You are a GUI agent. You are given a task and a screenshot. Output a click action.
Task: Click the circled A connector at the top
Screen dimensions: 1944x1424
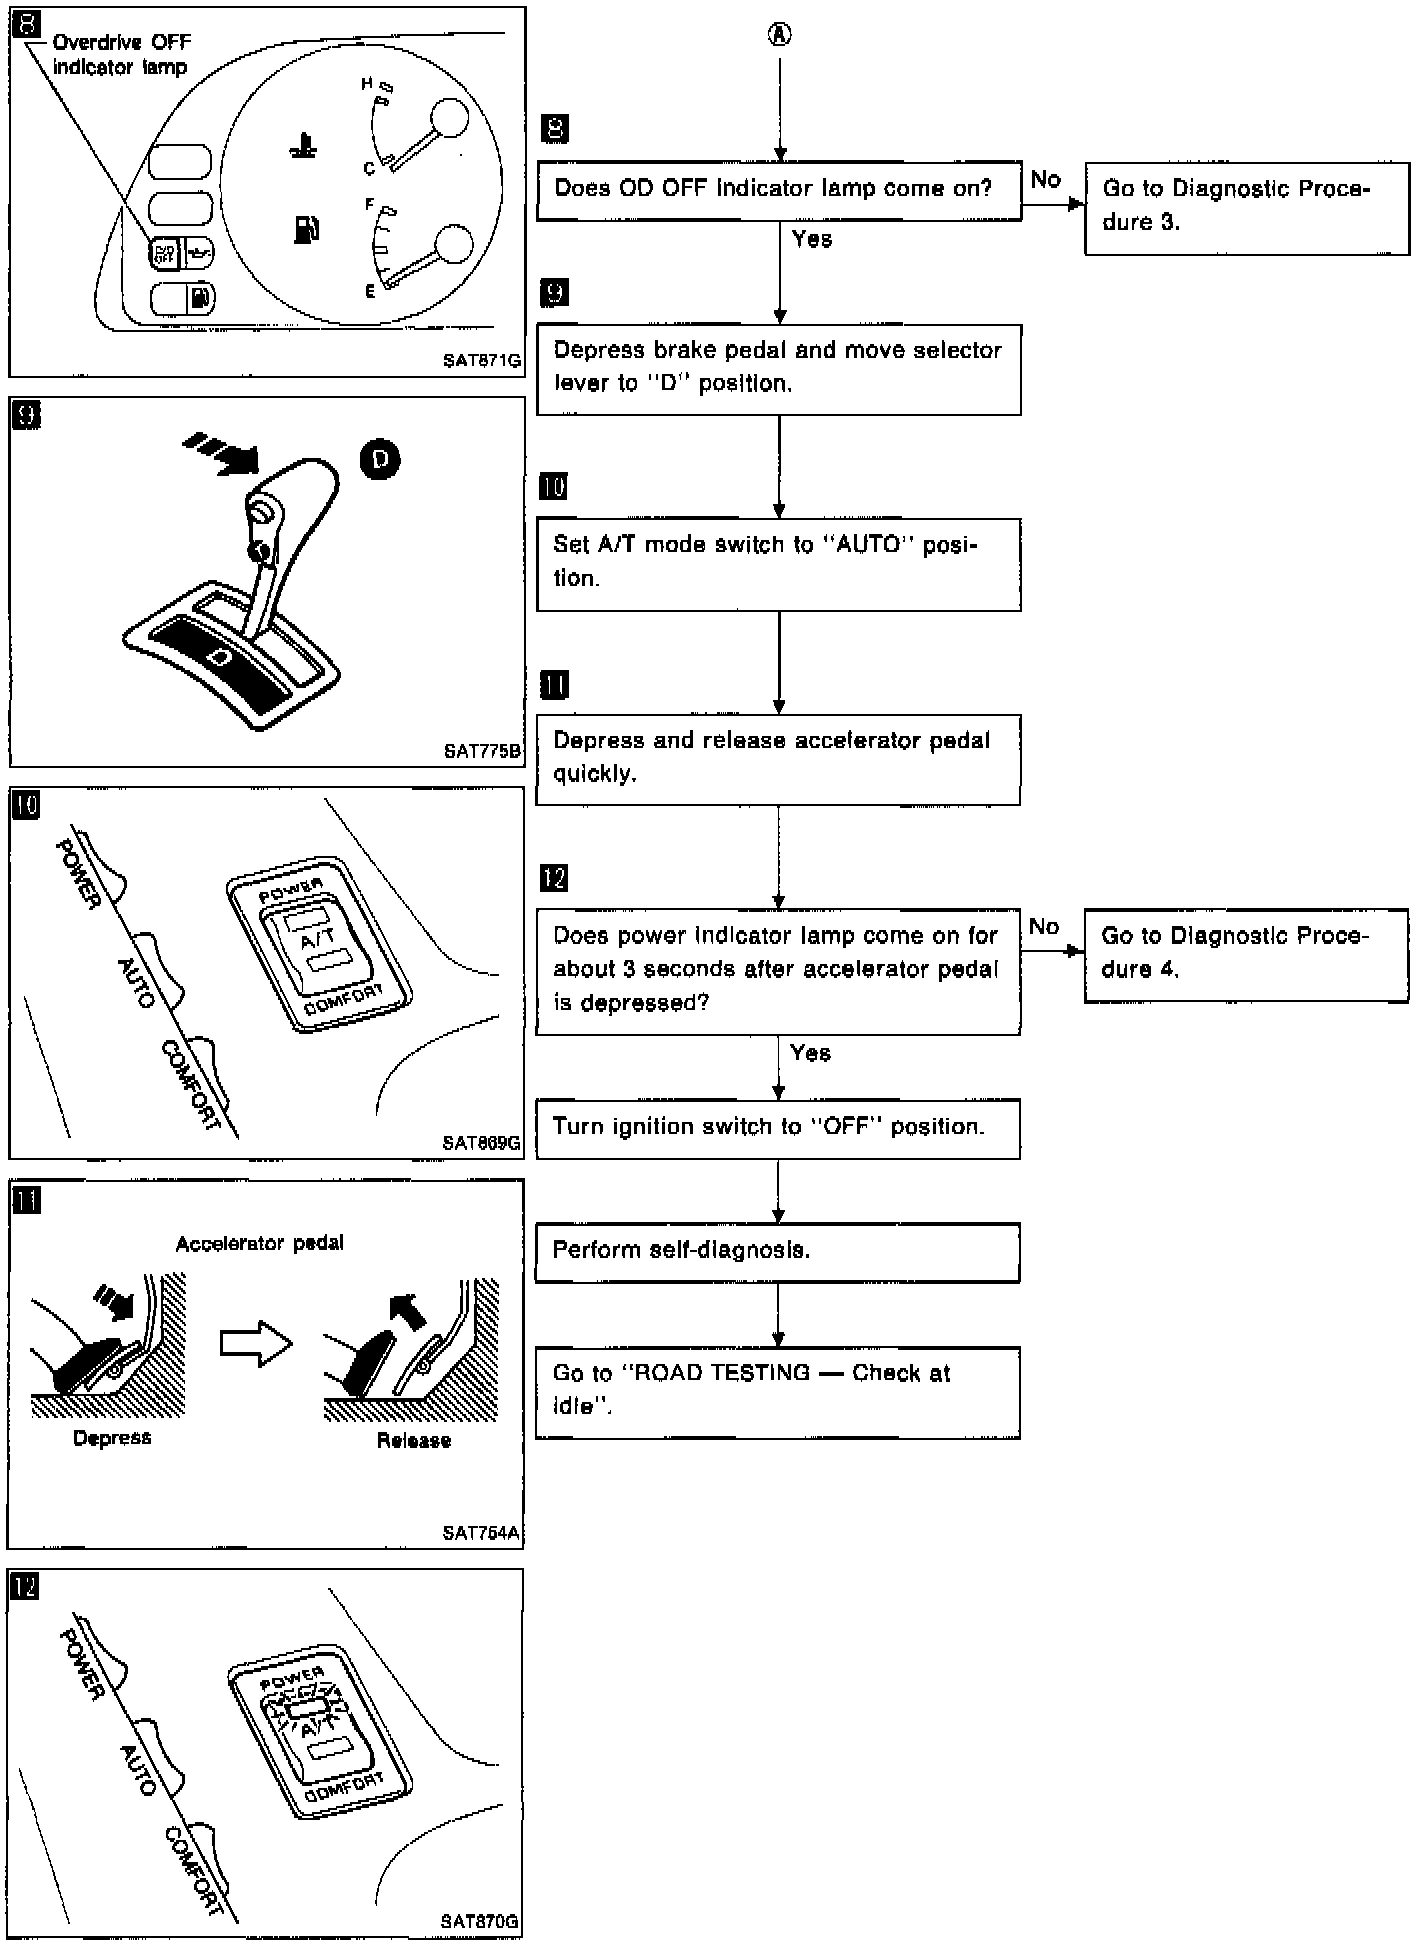point(779,35)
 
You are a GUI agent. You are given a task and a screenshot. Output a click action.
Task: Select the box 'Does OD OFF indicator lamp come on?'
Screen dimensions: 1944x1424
point(778,190)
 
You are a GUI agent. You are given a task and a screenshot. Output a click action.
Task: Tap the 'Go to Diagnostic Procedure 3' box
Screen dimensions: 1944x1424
point(1246,208)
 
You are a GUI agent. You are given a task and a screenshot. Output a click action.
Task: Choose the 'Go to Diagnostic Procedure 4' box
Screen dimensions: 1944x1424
point(1245,954)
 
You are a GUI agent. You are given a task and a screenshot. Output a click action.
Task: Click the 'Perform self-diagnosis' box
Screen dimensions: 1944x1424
point(777,1251)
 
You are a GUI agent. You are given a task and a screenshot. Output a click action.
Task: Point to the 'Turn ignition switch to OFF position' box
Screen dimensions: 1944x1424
point(777,1128)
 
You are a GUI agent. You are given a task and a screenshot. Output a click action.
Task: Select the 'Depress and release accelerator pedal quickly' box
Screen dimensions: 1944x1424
point(777,759)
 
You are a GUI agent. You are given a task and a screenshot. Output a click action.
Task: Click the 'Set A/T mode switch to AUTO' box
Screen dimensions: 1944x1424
point(777,563)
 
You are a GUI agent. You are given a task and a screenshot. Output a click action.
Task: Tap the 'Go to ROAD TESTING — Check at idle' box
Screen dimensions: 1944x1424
point(777,1391)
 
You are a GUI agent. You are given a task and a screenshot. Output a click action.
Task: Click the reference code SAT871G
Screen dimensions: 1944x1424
point(482,362)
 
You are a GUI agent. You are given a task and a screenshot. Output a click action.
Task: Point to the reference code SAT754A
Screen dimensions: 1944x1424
point(481,1533)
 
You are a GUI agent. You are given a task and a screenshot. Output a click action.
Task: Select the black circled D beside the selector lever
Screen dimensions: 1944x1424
point(380,459)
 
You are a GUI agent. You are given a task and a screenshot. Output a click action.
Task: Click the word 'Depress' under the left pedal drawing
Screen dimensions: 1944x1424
point(112,1438)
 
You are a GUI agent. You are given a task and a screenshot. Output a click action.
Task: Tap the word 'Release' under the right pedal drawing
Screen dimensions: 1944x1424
point(413,1440)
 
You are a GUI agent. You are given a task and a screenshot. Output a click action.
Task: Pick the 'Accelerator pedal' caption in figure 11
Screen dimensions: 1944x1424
point(259,1244)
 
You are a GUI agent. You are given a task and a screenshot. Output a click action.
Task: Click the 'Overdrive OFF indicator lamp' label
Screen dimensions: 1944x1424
point(120,55)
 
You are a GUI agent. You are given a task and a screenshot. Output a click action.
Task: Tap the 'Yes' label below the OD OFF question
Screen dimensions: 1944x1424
point(811,239)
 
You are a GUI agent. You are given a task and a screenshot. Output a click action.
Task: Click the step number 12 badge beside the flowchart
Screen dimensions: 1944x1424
point(553,878)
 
